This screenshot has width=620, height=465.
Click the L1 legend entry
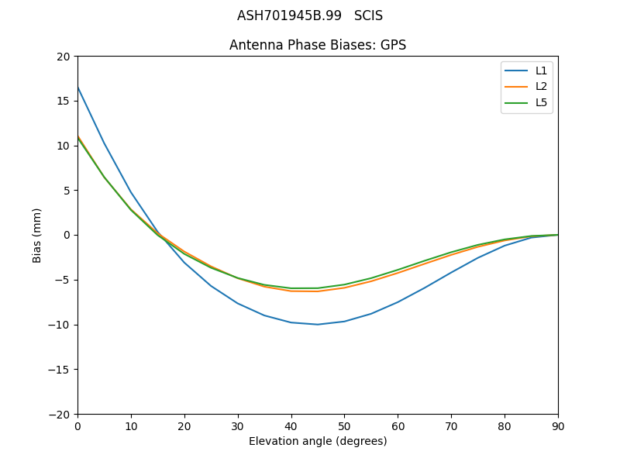coord(541,71)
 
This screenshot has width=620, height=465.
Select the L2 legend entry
coord(541,86)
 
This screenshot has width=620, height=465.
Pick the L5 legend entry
coord(541,102)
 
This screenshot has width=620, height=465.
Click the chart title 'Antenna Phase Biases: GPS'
coord(318,45)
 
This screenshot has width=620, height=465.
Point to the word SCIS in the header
coord(368,15)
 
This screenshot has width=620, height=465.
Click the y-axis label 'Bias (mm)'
coord(37,235)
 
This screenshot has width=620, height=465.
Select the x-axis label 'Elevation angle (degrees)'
coord(318,442)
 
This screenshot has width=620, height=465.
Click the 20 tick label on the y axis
coord(63,57)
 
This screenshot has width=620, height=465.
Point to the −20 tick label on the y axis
coord(59,415)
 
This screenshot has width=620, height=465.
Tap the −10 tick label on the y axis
coord(59,325)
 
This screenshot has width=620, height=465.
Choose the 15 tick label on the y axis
coord(63,101)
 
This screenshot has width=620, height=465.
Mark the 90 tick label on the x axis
coord(558,425)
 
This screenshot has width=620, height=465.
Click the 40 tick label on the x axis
coord(291,425)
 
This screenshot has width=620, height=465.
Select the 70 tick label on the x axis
coord(451,425)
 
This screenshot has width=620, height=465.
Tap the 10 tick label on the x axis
coord(131,425)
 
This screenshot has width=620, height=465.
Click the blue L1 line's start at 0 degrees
coord(77,87)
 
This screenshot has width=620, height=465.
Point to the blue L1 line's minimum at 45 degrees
coord(318,324)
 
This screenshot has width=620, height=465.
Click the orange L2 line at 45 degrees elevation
coord(318,291)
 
